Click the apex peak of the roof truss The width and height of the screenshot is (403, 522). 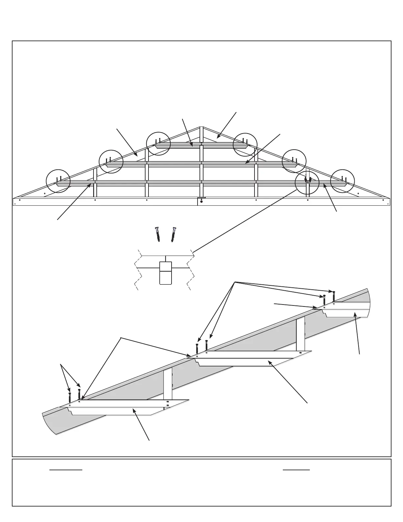click(201, 127)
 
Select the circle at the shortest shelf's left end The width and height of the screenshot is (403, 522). click(158, 143)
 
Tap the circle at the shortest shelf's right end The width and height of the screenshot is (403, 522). click(245, 143)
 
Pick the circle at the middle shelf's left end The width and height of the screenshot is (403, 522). click(111, 161)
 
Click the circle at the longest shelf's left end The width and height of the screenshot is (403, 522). click(58, 181)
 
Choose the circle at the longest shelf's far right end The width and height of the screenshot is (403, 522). click(342, 181)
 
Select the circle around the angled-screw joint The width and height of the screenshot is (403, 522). click(307, 182)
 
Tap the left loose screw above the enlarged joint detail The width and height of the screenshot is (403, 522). click(158, 234)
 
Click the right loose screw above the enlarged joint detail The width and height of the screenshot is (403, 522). click(173, 234)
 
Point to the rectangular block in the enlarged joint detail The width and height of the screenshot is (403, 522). click(166, 273)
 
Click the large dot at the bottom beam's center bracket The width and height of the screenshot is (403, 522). click(201, 201)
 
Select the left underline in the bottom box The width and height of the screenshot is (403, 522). click(66, 470)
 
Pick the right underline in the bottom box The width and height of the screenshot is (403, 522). click(296, 470)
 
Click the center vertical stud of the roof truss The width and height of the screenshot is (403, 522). click(201, 165)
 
